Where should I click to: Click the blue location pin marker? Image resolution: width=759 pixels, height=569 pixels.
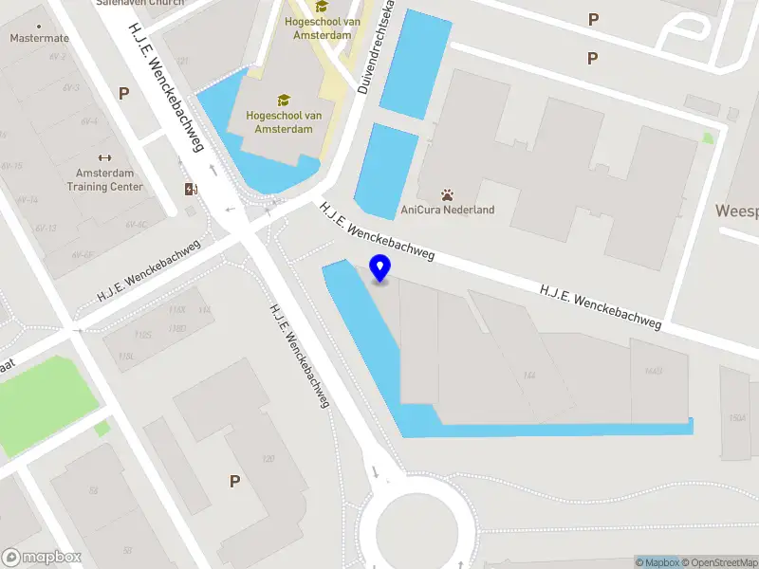coord(380,268)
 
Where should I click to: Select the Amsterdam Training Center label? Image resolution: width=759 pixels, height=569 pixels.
coord(104,180)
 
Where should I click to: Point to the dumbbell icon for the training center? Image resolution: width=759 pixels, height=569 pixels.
coord(104,158)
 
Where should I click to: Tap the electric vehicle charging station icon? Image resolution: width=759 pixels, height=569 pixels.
coord(192,189)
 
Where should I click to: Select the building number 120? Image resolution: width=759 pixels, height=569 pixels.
coord(268,459)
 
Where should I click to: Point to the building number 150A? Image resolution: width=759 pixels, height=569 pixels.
coord(738,417)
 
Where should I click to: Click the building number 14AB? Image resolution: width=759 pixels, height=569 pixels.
coord(653,370)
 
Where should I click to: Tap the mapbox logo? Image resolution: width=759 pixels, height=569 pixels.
coord(42,558)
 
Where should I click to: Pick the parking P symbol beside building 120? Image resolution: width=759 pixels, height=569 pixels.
coord(234,482)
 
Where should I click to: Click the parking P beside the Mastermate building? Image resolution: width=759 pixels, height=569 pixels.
coord(123,93)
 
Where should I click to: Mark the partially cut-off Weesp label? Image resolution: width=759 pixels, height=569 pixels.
coord(737,211)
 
